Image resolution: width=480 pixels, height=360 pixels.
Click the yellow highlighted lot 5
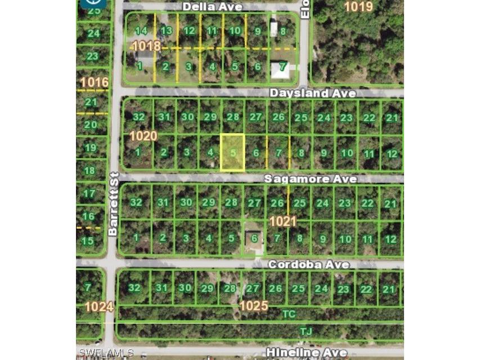(232, 152)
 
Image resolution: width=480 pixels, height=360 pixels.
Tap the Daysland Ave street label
(304, 92)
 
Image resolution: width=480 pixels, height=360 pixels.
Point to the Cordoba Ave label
(308, 264)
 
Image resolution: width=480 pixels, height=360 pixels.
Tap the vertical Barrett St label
(113, 204)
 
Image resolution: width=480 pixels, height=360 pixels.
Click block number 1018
(146, 46)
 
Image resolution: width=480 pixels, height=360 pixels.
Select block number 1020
(143, 136)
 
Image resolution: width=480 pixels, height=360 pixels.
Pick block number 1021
(282, 222)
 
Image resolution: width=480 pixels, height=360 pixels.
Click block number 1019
(358, 7)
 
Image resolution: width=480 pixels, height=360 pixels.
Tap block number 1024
(98, 307)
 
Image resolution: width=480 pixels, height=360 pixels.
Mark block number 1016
(94, 83)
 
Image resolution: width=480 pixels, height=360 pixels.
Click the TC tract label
(289, 313)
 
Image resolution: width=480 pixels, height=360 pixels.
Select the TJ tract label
(306, 331)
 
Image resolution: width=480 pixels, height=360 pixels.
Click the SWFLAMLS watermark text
(106, 353)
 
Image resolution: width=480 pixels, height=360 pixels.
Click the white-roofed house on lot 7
(280, 70)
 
